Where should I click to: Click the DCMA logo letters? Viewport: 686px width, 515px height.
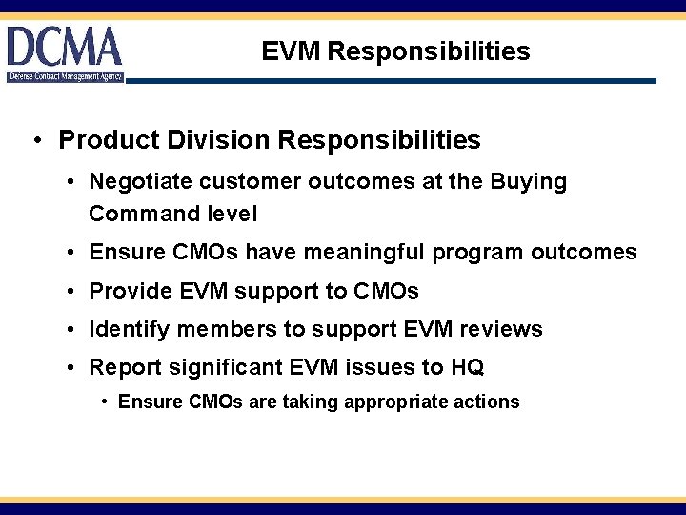[x=65, y=46]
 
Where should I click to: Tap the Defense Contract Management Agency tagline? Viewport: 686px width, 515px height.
[x=65, y=76]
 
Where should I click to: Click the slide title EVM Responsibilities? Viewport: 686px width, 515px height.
[x=395, y=51]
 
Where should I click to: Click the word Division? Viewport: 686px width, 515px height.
[x=212, y=141]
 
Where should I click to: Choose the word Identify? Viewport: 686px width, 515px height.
[x=127, y=330]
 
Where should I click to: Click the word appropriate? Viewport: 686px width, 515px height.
[x=397, y=402]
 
